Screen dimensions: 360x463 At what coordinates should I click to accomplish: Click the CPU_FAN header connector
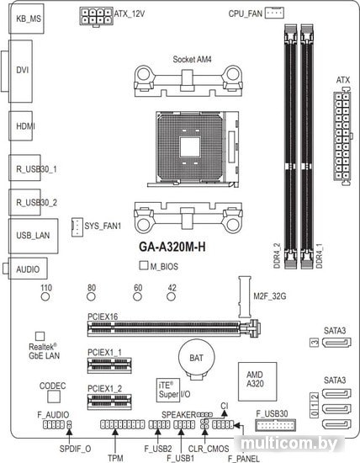[274, 13]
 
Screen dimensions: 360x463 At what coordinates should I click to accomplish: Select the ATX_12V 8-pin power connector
[96, 17]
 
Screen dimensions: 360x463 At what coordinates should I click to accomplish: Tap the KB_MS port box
[26, 19]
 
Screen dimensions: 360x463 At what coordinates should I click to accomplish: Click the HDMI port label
[25, 126]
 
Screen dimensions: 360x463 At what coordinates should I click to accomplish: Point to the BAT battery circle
[196, 358]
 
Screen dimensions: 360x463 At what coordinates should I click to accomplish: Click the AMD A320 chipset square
[257, 381]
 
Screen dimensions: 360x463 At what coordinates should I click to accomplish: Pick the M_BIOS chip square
[143, 265]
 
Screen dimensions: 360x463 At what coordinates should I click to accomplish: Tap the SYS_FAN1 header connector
[77, 226]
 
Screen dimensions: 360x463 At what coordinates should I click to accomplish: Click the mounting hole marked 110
[45, 296]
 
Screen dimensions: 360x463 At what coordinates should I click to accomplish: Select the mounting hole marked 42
[171, 296]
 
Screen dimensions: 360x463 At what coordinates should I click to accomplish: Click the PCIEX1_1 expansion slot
[109, 365]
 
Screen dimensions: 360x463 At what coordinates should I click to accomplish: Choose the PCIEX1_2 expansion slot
[109, 402]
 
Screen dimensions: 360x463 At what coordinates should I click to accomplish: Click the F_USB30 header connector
[276, 425]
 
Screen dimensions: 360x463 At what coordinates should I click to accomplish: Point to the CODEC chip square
[54, 396]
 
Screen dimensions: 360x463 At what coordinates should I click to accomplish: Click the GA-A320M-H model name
[172, 247]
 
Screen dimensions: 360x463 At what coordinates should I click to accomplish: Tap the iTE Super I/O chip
[168, 390]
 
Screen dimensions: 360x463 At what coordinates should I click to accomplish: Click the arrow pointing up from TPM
[115, 441]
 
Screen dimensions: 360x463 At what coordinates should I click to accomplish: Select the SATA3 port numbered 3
[336, 343]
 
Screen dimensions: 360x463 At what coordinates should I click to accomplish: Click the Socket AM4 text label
[192, 60]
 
